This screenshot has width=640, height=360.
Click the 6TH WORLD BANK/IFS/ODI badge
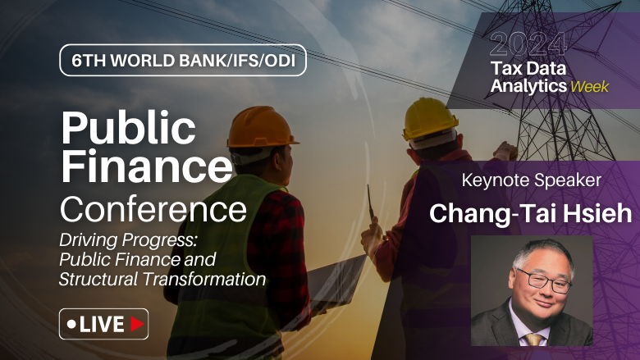pos(182,61)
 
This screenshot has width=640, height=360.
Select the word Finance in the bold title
pos(147,166)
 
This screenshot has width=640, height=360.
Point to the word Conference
pos(153,208)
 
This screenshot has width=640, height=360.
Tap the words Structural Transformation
pos(162,279)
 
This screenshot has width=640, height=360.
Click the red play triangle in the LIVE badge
pos(137,324)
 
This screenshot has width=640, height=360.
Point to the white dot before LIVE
pos(71,325)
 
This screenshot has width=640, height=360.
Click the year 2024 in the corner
pos(528,43)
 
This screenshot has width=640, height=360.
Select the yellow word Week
pos(590,86)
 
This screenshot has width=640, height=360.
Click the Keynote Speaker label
pos(532,180)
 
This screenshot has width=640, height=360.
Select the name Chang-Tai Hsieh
pos(531,213)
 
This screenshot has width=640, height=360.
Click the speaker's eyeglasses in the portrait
pos(544,280)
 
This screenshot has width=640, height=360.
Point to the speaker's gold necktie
pos(535,338)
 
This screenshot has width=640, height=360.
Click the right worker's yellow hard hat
pos(429,117)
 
